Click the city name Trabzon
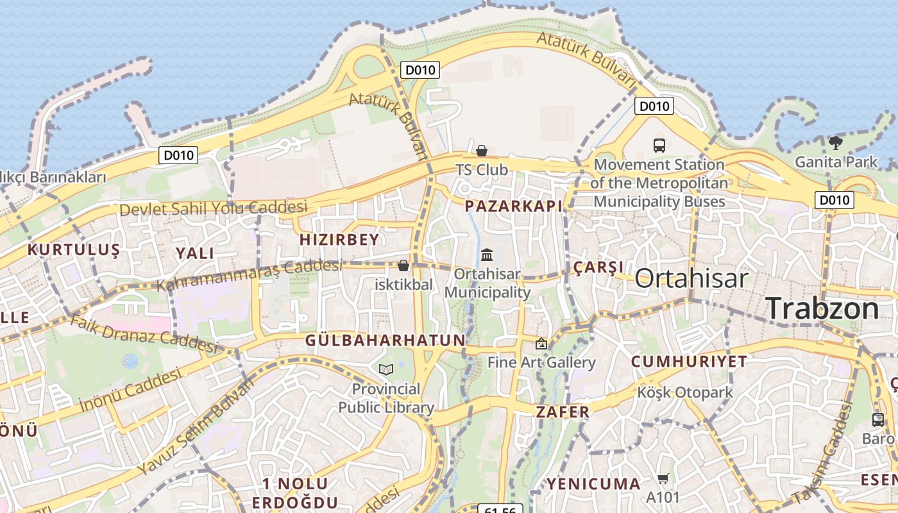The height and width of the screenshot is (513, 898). [822, 308]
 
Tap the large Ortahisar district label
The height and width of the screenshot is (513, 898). [691, 278]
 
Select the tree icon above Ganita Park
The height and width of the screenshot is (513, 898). [835, 142]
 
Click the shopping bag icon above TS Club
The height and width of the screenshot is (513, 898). [482, 151]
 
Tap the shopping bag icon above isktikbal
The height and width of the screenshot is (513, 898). [403, 265]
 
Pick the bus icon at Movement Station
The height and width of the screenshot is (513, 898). [659, 146]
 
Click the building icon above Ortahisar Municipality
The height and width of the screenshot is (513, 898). [487, 255]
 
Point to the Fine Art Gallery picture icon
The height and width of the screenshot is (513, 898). [541, 344]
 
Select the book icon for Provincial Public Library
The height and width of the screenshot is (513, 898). [385, 369]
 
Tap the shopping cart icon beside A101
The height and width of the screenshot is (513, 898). [663, 478]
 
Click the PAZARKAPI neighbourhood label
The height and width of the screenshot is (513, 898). [513, 206]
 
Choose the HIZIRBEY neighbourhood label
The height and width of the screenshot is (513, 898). [339, 240]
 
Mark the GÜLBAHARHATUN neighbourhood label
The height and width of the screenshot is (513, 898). [385, 341]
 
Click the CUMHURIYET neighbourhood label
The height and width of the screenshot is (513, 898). [689, 362]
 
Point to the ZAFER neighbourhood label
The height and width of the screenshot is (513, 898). [562, 412]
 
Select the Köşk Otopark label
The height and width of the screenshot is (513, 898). [684, 392]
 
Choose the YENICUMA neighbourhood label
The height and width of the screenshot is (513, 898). [593, 484]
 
